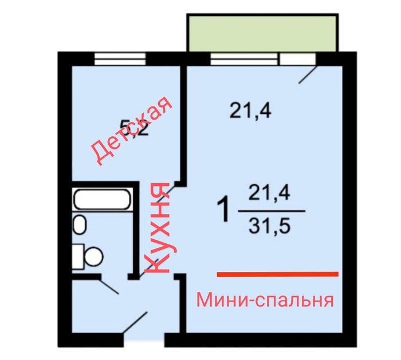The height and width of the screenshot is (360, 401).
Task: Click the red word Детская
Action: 132,132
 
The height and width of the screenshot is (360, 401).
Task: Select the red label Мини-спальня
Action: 265,300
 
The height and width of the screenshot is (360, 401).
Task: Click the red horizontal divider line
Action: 277,274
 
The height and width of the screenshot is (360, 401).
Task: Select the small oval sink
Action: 80,225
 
